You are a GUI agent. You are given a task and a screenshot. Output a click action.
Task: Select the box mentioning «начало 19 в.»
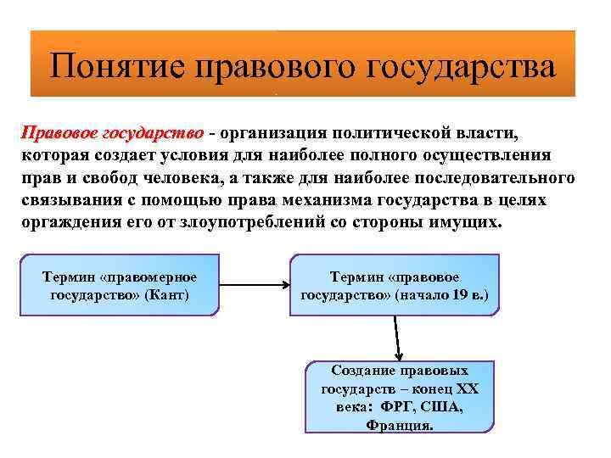[395, 286]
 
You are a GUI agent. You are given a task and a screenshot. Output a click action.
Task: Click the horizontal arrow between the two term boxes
[253, 286]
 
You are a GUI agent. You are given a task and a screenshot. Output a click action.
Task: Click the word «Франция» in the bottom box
[399, 426]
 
